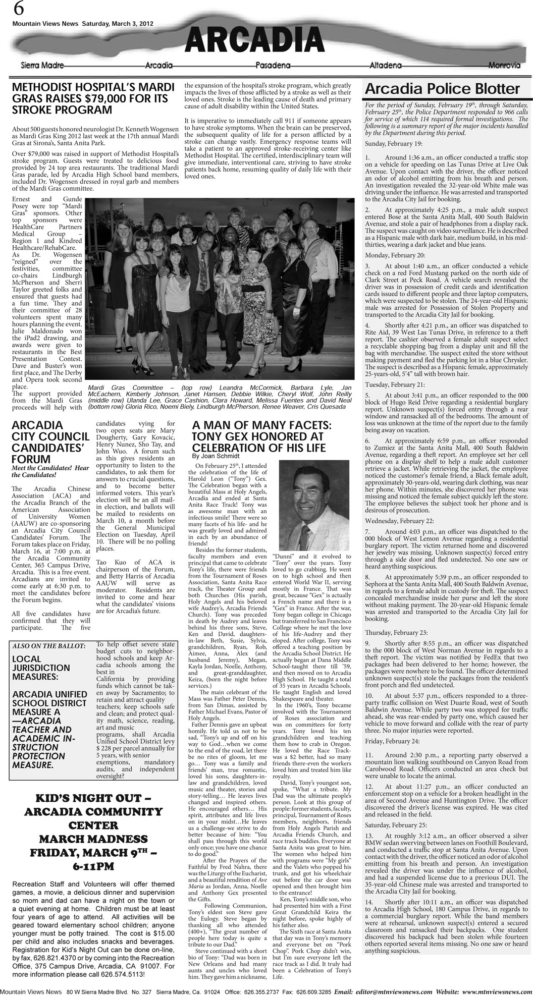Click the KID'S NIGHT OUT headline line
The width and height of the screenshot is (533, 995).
(93, 799)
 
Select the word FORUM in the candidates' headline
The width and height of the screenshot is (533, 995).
(31, 459)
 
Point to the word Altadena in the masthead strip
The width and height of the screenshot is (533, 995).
(386, 66)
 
